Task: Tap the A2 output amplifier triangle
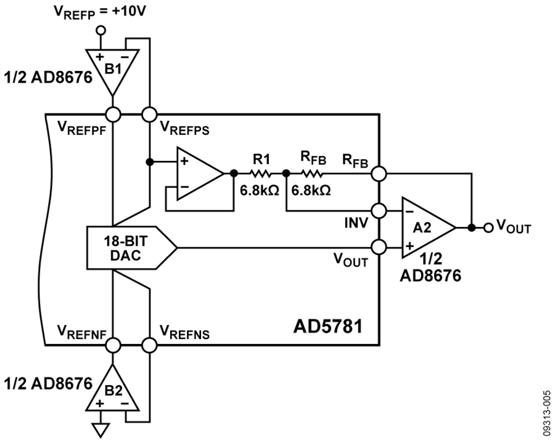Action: (427, 227)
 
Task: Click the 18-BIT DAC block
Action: (131, 248)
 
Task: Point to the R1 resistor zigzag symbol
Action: (260, 173)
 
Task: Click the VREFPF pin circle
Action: (113, 115)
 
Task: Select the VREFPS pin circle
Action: (149, 115)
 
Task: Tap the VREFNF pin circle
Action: (113, 345)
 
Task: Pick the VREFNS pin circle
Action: (149, 345)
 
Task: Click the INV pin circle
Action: (379, 211)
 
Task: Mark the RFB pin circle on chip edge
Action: (379, 173)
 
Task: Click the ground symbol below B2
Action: (101, 431)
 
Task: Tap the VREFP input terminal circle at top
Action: (101, 30)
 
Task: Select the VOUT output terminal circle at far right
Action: (488, 228)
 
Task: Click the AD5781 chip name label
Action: (328, 326)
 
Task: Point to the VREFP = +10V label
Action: (99, 12)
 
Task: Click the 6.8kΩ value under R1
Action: (260, 190)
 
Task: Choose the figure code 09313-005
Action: (547, 412)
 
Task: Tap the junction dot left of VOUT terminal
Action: (471, 228)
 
